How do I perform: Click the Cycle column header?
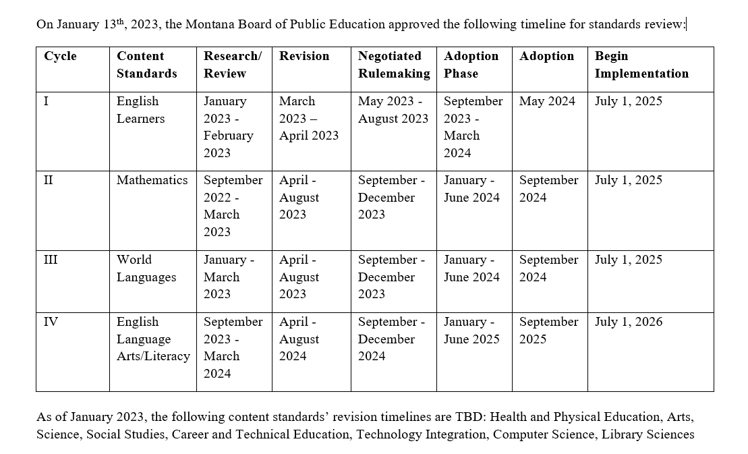[60, 56]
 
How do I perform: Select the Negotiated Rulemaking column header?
[393, 65]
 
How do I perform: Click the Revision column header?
[304, 56]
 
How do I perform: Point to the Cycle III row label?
[51, 260]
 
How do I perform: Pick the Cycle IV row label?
[51, 322]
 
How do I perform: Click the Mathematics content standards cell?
[152, 180]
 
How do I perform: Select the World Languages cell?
[146, 268]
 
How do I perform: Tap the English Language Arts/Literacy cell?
[153, 339]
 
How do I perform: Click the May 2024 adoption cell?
[547, 101]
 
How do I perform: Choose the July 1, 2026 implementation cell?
[629, 322]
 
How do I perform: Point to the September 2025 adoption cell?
[548, 331]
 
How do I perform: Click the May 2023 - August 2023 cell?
[393, 110]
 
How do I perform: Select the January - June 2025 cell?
[471, 331]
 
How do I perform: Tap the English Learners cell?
[140, 110]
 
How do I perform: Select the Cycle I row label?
[47, 101]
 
